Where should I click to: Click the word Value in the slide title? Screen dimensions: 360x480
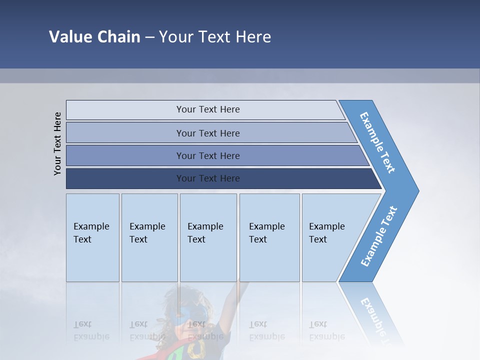[x=69, y=37]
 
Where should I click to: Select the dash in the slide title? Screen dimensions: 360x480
[x=149, y=37]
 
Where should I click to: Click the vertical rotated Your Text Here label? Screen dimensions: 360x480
[x=58, y=143]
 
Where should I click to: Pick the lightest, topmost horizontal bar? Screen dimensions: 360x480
[x=207, y=109]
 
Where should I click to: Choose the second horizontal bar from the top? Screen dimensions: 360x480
[x=207, y=133]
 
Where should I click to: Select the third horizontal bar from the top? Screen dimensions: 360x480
[x=207, y=155]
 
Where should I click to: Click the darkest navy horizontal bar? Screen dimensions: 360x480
[x=207, y=178]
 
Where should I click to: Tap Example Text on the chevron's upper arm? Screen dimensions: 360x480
[x=377, y=142]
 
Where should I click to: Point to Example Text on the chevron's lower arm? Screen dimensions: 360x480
[x=378, y=236]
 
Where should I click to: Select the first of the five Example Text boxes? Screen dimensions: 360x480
[x=92, y=237]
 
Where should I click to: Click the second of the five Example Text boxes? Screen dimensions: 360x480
[x=149, y=237]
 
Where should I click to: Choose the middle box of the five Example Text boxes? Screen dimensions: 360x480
[x=207, y=237]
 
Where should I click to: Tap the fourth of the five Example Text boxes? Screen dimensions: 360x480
[x=269, y=237]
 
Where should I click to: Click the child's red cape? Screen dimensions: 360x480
[x=165, y=352]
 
